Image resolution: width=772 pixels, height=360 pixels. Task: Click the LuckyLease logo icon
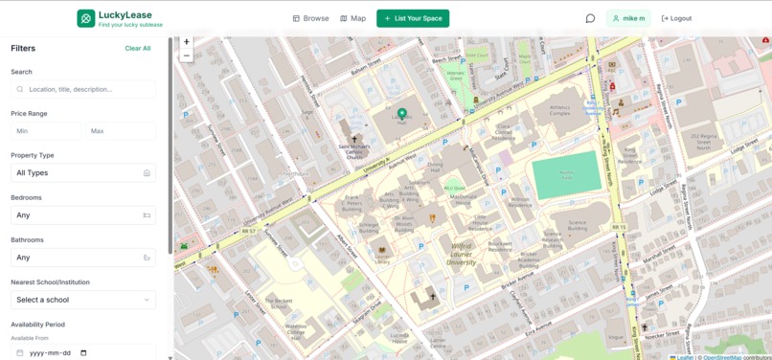[x=86, y=18]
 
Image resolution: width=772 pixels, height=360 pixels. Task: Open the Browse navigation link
[x=310, y=18]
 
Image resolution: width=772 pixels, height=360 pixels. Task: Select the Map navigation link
[x=352, y=18]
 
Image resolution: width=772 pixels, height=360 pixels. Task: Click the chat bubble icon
[x=590, y=18]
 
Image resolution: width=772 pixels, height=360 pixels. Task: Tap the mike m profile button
[x=628, y=18]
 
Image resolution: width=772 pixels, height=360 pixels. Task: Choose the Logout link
[x=676, y=18]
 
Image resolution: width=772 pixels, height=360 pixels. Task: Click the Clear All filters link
[x=137, y=48]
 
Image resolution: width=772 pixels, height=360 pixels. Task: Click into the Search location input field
[x=83, y=89]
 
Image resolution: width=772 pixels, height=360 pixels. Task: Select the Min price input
[x=45, y=131]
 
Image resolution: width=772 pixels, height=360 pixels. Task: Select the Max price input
[x=120, y=131]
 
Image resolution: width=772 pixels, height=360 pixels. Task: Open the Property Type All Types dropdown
[x=83, y=173]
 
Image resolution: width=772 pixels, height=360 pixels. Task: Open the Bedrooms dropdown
[x=83, y=215]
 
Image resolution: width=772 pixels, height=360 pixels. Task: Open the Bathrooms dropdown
[x=83, y=258]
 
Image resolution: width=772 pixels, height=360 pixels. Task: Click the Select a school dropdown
[x=83, y=300]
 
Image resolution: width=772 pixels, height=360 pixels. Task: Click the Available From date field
[x=83, y=352]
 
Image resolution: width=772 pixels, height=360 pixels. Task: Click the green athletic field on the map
[x=566, y=175]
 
